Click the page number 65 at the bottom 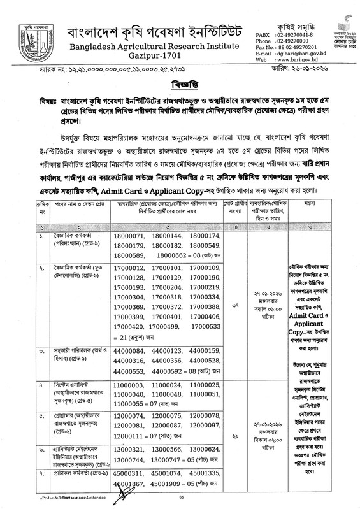point(181,497)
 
